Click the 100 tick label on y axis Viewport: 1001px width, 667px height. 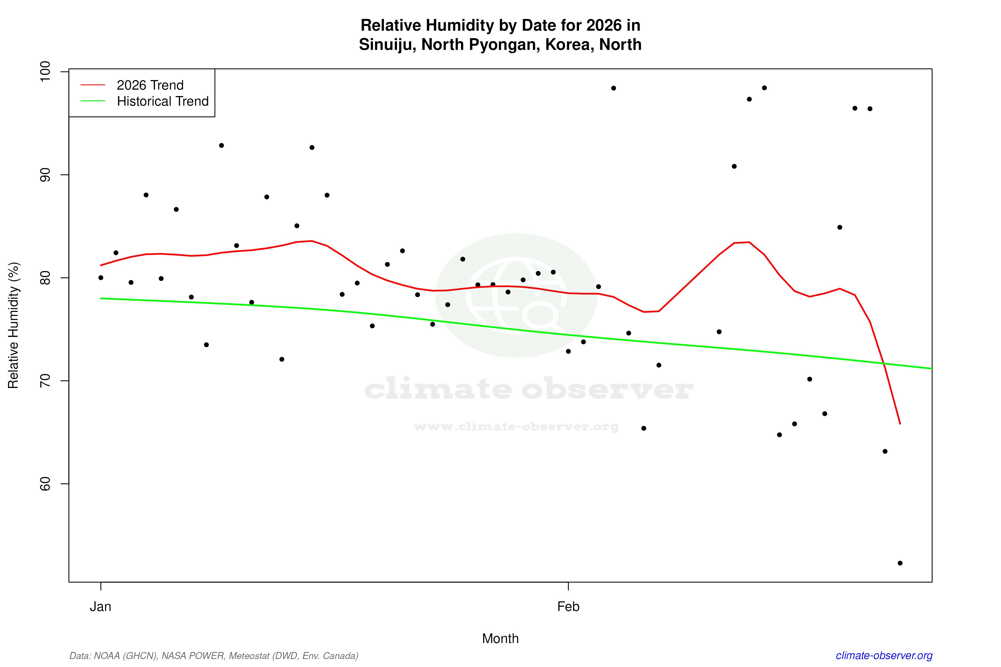coord(45,72)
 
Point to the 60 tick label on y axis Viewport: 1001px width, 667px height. coord(45,484)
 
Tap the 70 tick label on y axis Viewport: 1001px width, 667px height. coord(45,381)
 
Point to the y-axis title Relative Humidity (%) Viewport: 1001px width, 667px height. coord(14,325)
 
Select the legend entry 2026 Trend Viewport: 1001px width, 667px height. coord(150,85)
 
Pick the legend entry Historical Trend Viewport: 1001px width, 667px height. coord(163,101)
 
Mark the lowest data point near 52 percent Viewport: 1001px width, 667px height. coord(900,563)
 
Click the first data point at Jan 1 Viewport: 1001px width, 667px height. coord(101,278)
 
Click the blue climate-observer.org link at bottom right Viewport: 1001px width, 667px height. coord(884,656)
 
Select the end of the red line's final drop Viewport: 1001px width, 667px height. coord(900,424)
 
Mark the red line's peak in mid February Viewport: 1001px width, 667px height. coord(749,243)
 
